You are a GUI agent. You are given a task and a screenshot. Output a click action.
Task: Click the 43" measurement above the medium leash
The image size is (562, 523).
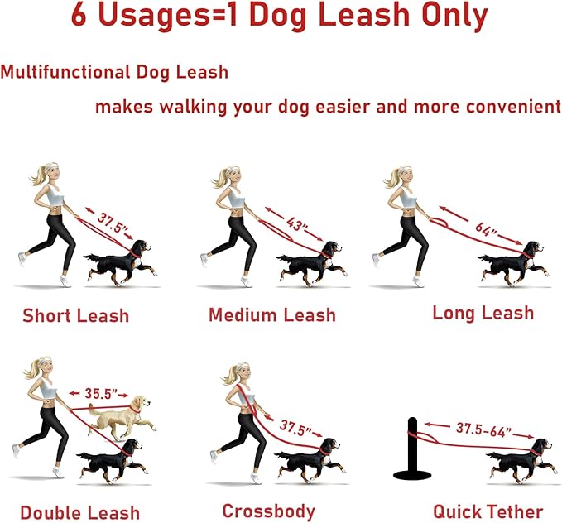(297, 225)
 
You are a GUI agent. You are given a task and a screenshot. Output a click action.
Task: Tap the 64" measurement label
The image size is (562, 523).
(486, 229)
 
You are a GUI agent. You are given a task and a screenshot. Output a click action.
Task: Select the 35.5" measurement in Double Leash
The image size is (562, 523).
(101, 394)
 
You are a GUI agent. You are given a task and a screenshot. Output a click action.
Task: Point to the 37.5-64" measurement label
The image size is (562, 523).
(483, 429)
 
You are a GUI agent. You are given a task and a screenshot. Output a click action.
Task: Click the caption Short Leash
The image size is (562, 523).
(75, 316)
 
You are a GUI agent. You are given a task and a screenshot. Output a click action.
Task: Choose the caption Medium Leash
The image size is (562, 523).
(272, 315)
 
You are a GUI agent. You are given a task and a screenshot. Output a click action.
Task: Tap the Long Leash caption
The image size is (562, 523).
(483, 313)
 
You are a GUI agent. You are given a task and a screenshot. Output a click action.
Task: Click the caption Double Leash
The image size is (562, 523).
(80, 512)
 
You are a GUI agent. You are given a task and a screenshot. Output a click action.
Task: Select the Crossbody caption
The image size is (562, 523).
(269, 511)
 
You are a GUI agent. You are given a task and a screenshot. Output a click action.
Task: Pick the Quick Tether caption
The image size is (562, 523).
(488, 511)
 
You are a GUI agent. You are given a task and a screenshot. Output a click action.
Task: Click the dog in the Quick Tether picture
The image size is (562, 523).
(521, 461)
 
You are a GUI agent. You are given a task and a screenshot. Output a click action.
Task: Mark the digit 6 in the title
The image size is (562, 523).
(79, 15)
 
